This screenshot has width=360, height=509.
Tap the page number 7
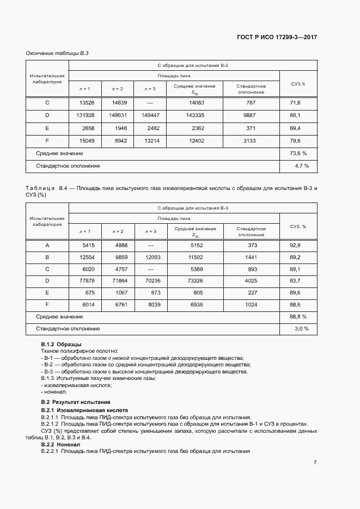tap(315, 463)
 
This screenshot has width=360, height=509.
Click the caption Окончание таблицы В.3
tap(57, 53)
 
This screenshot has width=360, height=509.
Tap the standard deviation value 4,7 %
tap(302, 165)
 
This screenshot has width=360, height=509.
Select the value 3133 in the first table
tap(251, 142)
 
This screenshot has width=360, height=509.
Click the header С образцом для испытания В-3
tap(193, 208)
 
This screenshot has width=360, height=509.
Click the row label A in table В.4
tap(47, 246)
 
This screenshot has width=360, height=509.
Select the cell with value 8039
tap(151, 304)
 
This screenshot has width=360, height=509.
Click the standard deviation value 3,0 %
tap(302, 329)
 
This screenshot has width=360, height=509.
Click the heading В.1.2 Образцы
tap(62, 345)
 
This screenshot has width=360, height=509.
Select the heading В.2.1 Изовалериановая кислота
tap(84, 410)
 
